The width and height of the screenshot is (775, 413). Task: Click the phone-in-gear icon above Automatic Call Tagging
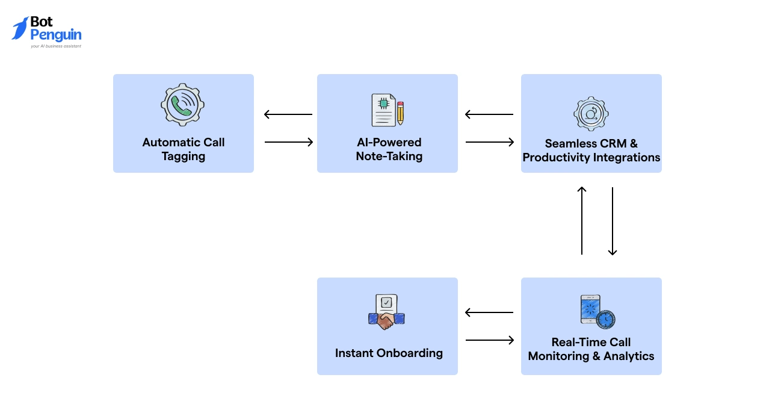point(183,105)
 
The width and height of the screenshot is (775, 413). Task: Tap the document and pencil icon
point(387,110)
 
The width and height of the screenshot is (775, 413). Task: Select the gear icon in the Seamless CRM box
point(591,113)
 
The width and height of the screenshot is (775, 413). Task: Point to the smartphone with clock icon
point(596,311)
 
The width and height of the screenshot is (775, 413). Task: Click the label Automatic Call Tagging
point(184,149)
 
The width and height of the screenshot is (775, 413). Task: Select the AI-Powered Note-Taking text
point(389,149)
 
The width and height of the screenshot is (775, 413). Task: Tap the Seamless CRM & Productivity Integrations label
point(591,151)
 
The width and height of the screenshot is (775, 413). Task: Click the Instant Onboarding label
point(389,353)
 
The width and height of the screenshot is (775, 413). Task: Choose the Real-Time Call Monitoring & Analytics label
point(591,349)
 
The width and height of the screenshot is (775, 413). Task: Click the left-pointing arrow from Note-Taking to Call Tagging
point(288,114)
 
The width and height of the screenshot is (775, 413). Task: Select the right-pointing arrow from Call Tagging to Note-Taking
point(289,142)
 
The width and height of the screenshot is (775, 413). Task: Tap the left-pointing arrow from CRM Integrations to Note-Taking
point(489,114)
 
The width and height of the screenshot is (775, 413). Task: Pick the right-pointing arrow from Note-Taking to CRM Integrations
point(490,142)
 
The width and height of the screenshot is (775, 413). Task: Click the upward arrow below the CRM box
point(582,220)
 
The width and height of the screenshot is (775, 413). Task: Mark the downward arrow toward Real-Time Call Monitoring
point(613,221)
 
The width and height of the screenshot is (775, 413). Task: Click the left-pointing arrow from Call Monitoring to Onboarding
point(489,312)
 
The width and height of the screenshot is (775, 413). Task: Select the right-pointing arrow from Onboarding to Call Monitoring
point(490,340)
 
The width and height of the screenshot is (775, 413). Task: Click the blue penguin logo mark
point(20,28)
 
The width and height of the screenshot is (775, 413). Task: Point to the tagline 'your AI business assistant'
point(56,46)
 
